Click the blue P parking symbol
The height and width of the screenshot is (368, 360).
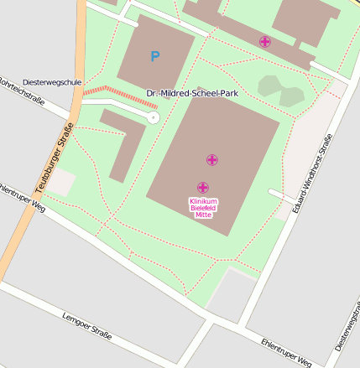point(154,57)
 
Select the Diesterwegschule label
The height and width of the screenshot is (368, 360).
point(52,82)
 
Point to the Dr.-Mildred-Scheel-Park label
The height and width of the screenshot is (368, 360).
point(191,93)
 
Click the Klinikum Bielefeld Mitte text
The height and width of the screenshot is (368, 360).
point(203,207)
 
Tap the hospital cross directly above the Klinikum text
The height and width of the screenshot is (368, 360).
point(202,188)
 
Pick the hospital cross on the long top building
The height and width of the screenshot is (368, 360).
point(265,41)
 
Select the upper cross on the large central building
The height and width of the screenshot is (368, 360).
point(211,159)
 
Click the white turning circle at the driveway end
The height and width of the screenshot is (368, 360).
point(154,118)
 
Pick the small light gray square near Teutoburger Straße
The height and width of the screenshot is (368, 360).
point(60,183)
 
